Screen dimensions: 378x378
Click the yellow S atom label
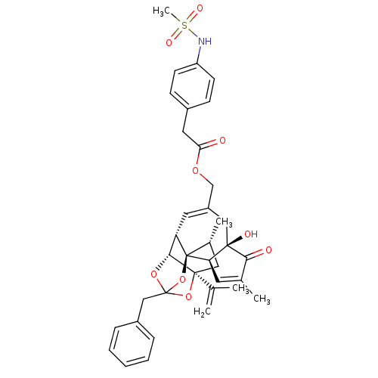point(184,25)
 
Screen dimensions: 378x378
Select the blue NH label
point(205,42)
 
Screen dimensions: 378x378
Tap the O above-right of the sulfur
point(200,8)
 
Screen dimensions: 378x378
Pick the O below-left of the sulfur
point(169,43)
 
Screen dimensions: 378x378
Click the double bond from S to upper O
point(192,17)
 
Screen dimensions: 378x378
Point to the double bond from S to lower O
point(176,34)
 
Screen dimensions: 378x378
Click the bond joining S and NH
point(194,33)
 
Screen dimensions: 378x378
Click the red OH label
point(250,234)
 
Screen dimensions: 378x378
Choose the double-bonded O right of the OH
point(268,250)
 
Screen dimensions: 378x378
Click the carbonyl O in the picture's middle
point(222,141)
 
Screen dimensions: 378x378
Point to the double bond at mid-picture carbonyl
point(212,143)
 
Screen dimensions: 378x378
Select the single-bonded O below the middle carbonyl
point(195,171)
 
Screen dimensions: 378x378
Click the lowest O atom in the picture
point(187,297)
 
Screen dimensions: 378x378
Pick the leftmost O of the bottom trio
point(153,274)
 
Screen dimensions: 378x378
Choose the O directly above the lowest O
point(182,280)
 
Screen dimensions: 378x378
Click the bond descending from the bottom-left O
point(159,283)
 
